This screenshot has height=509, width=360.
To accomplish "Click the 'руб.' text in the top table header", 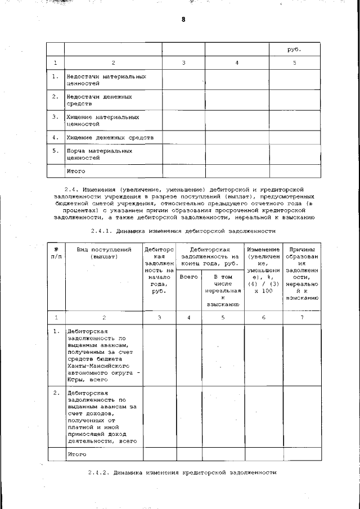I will (294, 49).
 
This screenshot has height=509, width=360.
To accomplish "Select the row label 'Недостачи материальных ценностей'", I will (98, 79).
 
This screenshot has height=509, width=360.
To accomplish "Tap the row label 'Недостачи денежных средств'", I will (99, 100).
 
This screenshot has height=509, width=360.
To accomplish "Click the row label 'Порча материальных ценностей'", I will (99, 154).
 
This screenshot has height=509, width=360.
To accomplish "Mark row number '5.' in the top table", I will (55, 151).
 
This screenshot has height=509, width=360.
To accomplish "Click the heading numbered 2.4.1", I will (183, 231).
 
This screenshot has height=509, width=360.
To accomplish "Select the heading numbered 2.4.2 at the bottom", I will (183, 472).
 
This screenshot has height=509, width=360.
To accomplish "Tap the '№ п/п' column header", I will (56, 253).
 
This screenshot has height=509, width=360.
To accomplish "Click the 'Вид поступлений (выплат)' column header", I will (104, 253).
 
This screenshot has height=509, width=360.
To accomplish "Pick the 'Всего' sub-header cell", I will (189, 277).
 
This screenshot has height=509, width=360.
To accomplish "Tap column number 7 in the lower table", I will (301, 318).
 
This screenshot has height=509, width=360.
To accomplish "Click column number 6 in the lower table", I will (263, 318).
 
